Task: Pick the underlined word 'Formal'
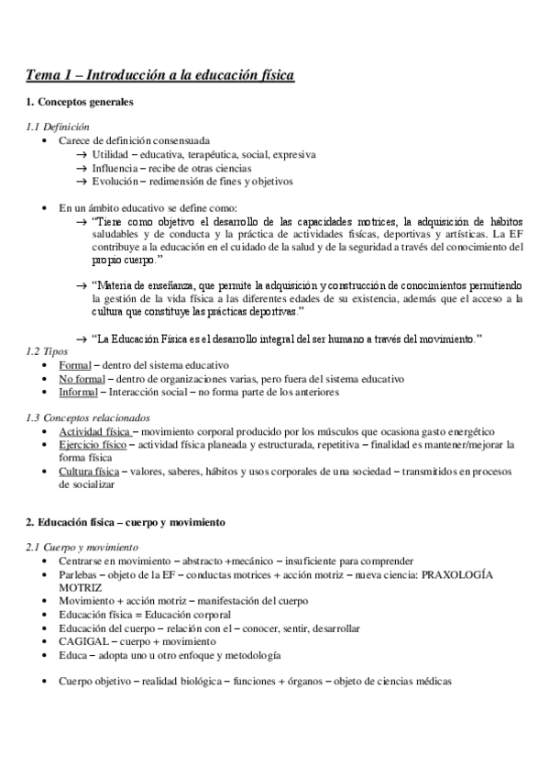(x=75, y=365)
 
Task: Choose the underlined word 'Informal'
(x=79, y=392)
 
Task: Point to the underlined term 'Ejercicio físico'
(x=93, y=445)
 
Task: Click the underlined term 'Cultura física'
(x=89, y=472)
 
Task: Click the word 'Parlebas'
(x=80, y=574)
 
